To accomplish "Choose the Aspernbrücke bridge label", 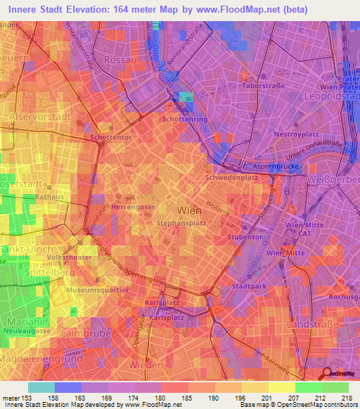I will click(276, 167).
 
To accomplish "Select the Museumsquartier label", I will click(98, 290).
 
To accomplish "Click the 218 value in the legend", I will click(347, 398).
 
